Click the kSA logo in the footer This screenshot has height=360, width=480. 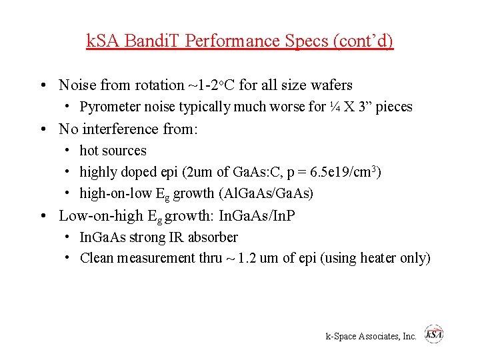(434, 335)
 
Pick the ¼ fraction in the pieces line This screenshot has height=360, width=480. (336, 107)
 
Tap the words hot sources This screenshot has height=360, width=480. (113, 151)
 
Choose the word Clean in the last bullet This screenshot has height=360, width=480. (97, 259)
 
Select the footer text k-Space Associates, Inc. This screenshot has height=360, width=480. (371, 337)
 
